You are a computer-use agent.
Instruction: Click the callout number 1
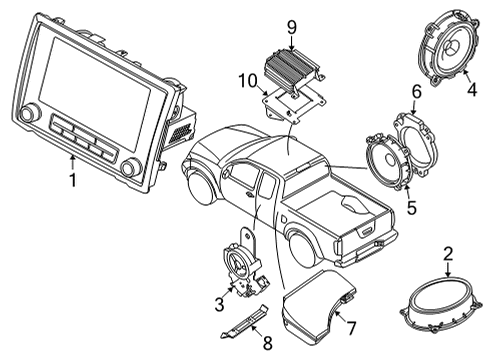(x=71, y=181)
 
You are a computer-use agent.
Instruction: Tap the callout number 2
(x=449, y=255)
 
